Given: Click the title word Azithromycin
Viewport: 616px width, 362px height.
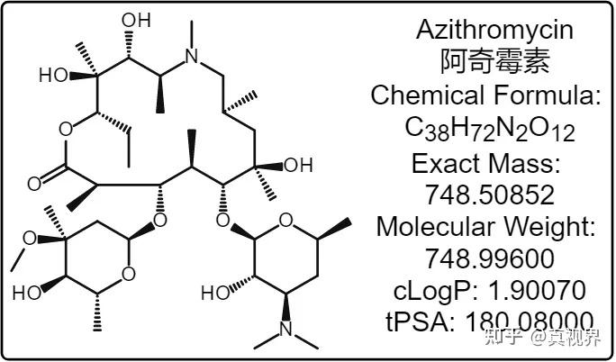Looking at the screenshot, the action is point(494,29).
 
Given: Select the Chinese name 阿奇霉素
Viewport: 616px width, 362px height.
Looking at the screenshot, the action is point(494,61).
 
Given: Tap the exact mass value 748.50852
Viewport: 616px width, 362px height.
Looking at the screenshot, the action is point(490,194).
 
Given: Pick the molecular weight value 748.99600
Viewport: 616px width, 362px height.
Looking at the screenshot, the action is point(490,259).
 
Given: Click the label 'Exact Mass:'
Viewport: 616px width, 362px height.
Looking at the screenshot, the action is point(490,163).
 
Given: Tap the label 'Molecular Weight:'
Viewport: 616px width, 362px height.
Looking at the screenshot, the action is point(490,226).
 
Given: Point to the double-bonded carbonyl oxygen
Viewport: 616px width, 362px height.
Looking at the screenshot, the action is point(33,185).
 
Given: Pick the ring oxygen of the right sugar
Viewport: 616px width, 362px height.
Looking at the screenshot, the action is point(285,219).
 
